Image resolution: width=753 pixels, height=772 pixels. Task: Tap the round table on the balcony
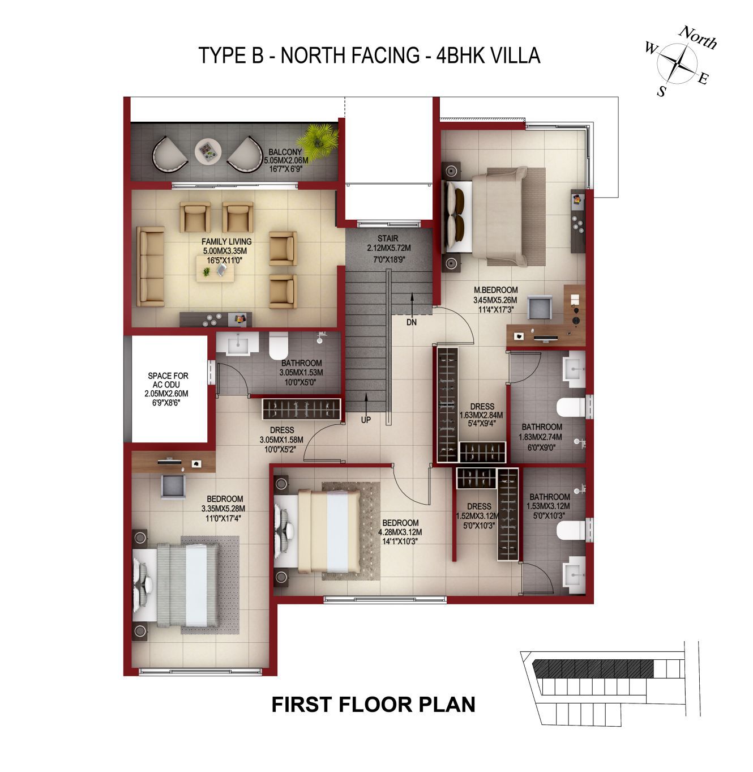coord(208,151)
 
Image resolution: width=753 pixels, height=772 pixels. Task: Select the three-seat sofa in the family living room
coord(151,267)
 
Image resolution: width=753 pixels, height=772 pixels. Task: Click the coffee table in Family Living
coord(215,268)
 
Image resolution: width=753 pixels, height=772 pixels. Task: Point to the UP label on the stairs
coord(366,420)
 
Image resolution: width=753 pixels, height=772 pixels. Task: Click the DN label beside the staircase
coord(411,322)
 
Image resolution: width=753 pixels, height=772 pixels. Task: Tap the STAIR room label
coord(388,238)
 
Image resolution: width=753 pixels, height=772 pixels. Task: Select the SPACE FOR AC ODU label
coord(168,380)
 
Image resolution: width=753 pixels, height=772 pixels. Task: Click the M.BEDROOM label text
coord(495,290)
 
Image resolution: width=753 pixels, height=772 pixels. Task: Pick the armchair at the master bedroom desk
coord(540,308)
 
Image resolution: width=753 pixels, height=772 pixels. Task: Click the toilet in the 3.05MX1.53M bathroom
coord(279,345)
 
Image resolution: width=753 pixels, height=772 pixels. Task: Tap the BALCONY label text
coord(285,152)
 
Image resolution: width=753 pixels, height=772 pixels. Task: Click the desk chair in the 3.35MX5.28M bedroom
coord(173,486)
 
